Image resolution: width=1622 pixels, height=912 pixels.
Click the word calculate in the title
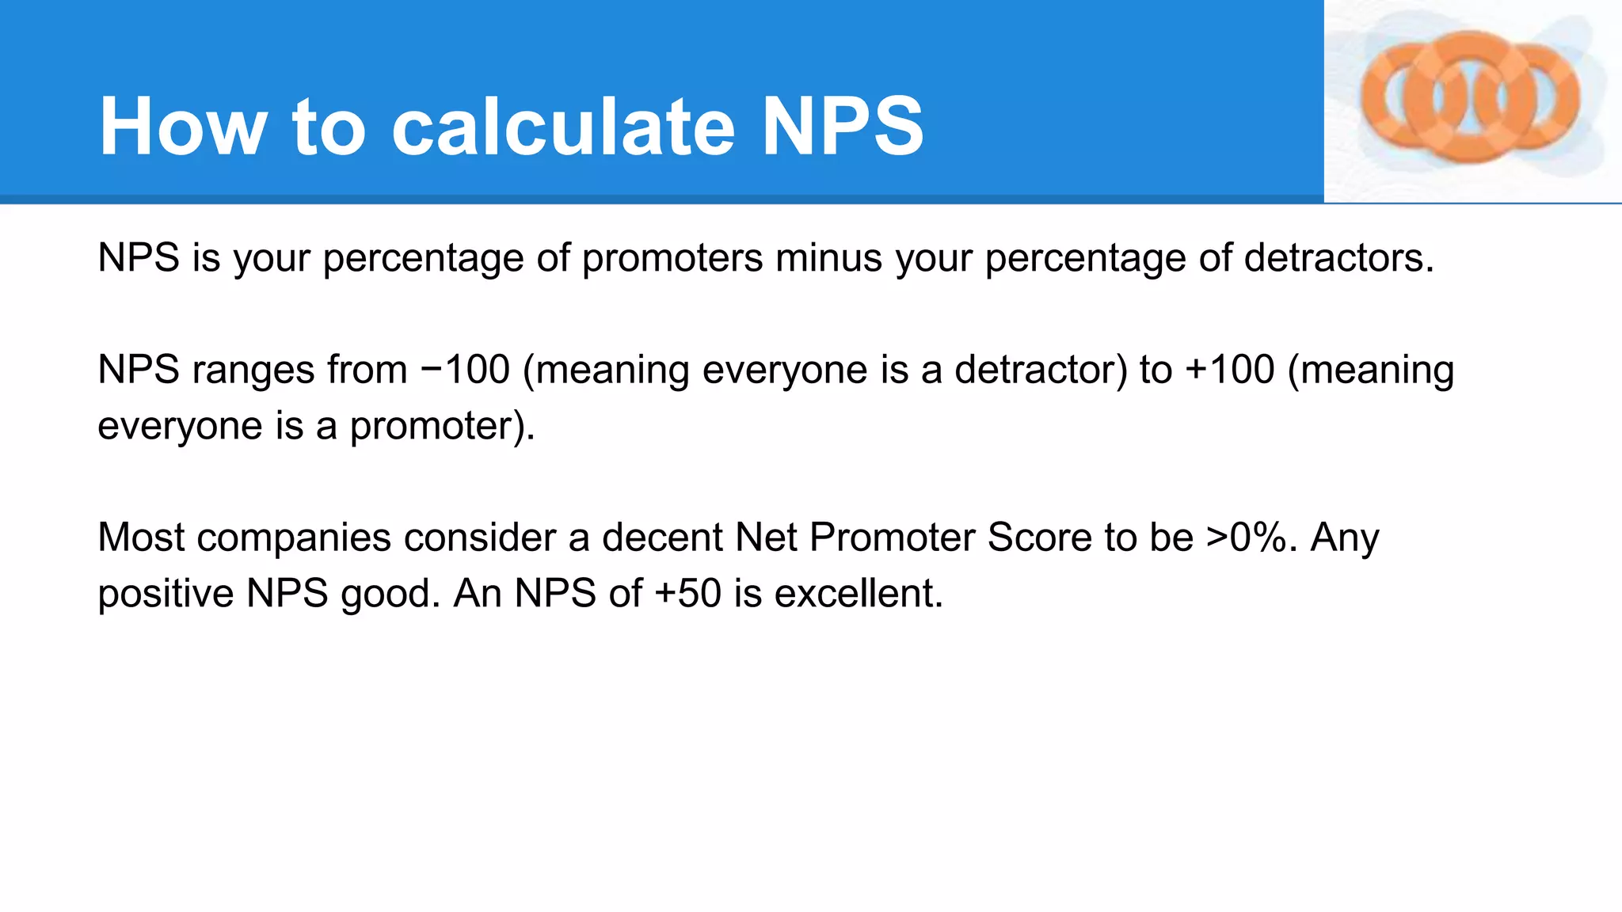pyautogui.click(x=563, y=127)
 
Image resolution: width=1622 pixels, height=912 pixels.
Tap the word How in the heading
pyautogui.click(x=183, y=127)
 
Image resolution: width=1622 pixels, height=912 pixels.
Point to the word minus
pyautogui.click(x=828, y=258)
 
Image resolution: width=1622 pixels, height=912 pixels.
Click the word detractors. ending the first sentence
pyautogui.click(x=1338, y=258)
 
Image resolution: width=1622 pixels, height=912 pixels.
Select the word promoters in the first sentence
pyautogui.click(x=672, y=258)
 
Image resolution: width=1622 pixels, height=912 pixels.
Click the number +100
pyautogui.click(x=1230, y=370)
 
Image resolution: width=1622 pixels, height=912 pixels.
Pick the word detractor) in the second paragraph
pyautogui.click(x=1040, y=370)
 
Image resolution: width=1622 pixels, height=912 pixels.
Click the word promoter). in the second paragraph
pyautogui.click(x=443, y=427)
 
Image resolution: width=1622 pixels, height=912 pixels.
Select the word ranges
pyautogui.click(x=253, y=370)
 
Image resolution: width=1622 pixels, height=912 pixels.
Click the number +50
pyautogui.click(x=688, y=594)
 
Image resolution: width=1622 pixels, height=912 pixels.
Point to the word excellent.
pyautogui.click(x=859, y=594)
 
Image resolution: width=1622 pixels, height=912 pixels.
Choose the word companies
pyautogui.click(x=294, y=538)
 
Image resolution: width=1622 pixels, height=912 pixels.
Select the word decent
pyautogui.click(x=661, y=538)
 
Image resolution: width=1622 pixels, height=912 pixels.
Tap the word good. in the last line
pyautogui.click(x=390, y=594)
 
